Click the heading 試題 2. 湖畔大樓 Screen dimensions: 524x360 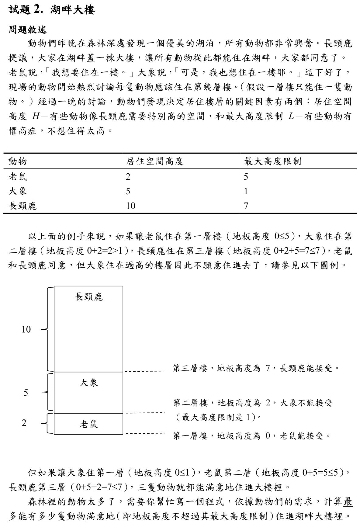coord(52,10)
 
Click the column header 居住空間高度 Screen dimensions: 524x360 coord(154,161)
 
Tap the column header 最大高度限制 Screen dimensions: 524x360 coord(272,161)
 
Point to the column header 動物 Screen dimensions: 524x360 coord(18,161)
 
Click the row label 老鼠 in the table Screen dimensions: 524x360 coord(18,176)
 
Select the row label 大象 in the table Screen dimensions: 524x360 coord(18,191)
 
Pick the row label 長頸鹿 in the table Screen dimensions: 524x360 coord(22,206)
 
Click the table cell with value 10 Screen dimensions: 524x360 coord(130,206)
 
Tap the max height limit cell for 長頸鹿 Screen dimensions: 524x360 coord(246,206)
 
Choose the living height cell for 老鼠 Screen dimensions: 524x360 coord(128,176)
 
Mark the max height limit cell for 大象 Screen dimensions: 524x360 coord(246,191)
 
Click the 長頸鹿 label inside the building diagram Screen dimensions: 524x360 coord(89,297)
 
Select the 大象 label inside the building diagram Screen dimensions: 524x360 coord(89,383)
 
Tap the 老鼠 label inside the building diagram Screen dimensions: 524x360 coord(89,424)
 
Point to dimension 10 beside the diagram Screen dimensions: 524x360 coord(26,329)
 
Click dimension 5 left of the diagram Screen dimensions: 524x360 coord(26,393)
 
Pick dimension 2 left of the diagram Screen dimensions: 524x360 coord(24,423)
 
